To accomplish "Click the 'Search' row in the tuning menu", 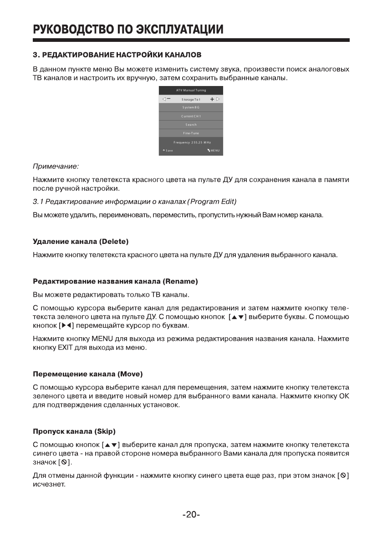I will (191, 125).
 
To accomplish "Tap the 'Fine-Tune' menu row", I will (191, 133).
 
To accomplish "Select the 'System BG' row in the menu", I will (191, 107).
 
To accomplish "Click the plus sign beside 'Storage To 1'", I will (212, 99).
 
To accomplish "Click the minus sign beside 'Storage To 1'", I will (169, 99).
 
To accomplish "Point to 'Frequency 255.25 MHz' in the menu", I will (191, 142).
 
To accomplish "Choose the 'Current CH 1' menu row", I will (191, 116).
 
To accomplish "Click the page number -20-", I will (191, 515).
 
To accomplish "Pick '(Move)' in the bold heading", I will (130, 374).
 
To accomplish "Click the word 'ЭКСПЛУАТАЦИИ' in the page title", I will (178, 30).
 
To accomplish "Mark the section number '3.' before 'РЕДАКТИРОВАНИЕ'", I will (36, 55).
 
